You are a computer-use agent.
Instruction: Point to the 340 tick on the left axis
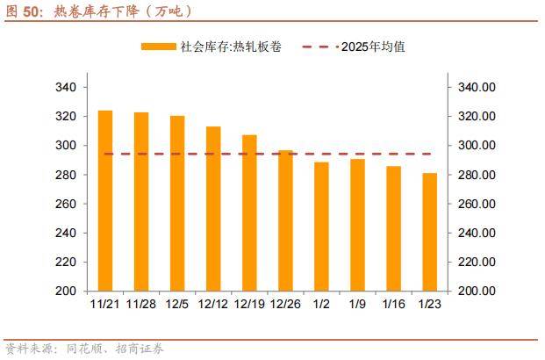66,88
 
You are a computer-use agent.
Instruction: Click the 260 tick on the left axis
66,204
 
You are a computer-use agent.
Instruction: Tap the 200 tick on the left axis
66,291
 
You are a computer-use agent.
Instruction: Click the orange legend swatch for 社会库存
159,47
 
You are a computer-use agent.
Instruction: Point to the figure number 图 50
24,11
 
